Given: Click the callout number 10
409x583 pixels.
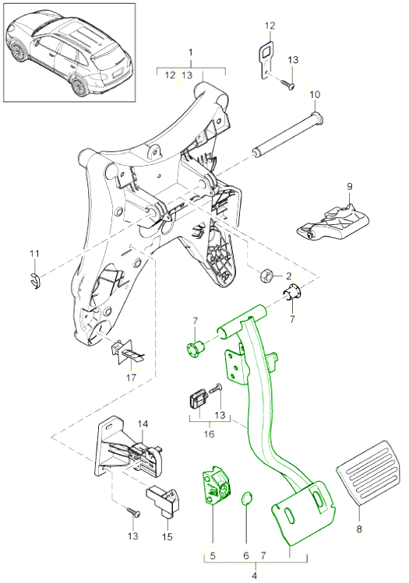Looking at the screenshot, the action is [x=315, y=94].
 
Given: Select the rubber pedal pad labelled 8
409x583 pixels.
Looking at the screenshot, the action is [x=368, y=473].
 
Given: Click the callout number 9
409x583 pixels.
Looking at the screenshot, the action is [x=350, y=186].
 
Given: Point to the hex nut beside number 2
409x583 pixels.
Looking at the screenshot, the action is [x=266, y=276].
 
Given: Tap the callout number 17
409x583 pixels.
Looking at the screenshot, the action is [x=132, y=378].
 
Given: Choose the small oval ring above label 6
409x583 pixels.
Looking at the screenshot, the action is [x=247, y=499].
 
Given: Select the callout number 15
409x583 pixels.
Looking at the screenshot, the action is [x=167, y=536].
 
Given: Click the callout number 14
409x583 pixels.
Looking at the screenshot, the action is [x=143, y=424].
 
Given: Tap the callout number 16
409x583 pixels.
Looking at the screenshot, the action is [x=209, y=434].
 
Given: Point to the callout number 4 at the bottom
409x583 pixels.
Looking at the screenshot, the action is [x=255, y=576].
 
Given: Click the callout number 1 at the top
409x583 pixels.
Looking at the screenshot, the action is [x=191, y=51].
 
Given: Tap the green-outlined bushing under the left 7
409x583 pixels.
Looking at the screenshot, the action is [x=196, y=349].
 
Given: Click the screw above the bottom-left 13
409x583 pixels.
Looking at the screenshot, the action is [x=134, y=512].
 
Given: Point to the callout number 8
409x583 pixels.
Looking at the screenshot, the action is [x=359, y=529].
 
